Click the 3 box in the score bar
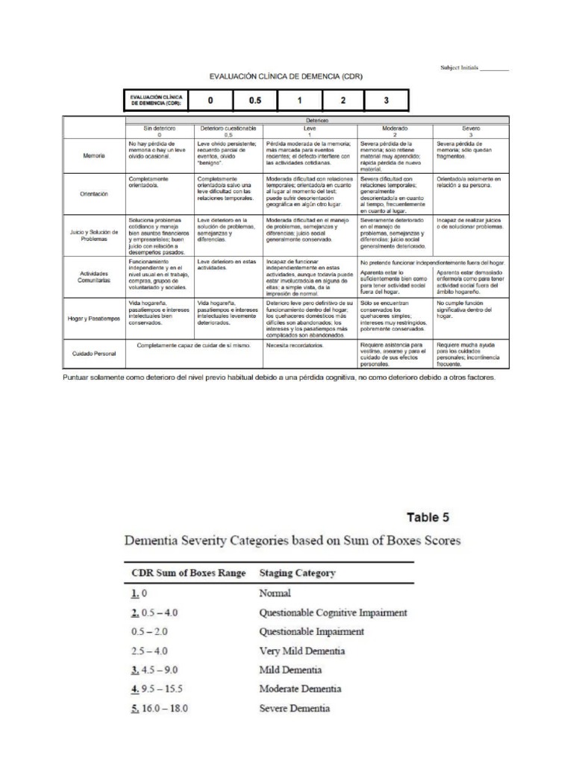(x=386, y=100)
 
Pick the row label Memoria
(x=94, y=156)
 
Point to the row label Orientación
(x=94, y=193)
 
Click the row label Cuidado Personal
(x=94, y=353)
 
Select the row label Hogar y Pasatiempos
(x=94, y=319)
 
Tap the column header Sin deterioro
(x=157, y=129)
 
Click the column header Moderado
(x=395, y=129)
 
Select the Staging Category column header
(x=297, y=573)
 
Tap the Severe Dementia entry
(x=294, y=708)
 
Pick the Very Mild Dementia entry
(x=302, y=651)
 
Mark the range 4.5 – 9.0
(x=157, y=670)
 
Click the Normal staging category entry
(x=274, y=594)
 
